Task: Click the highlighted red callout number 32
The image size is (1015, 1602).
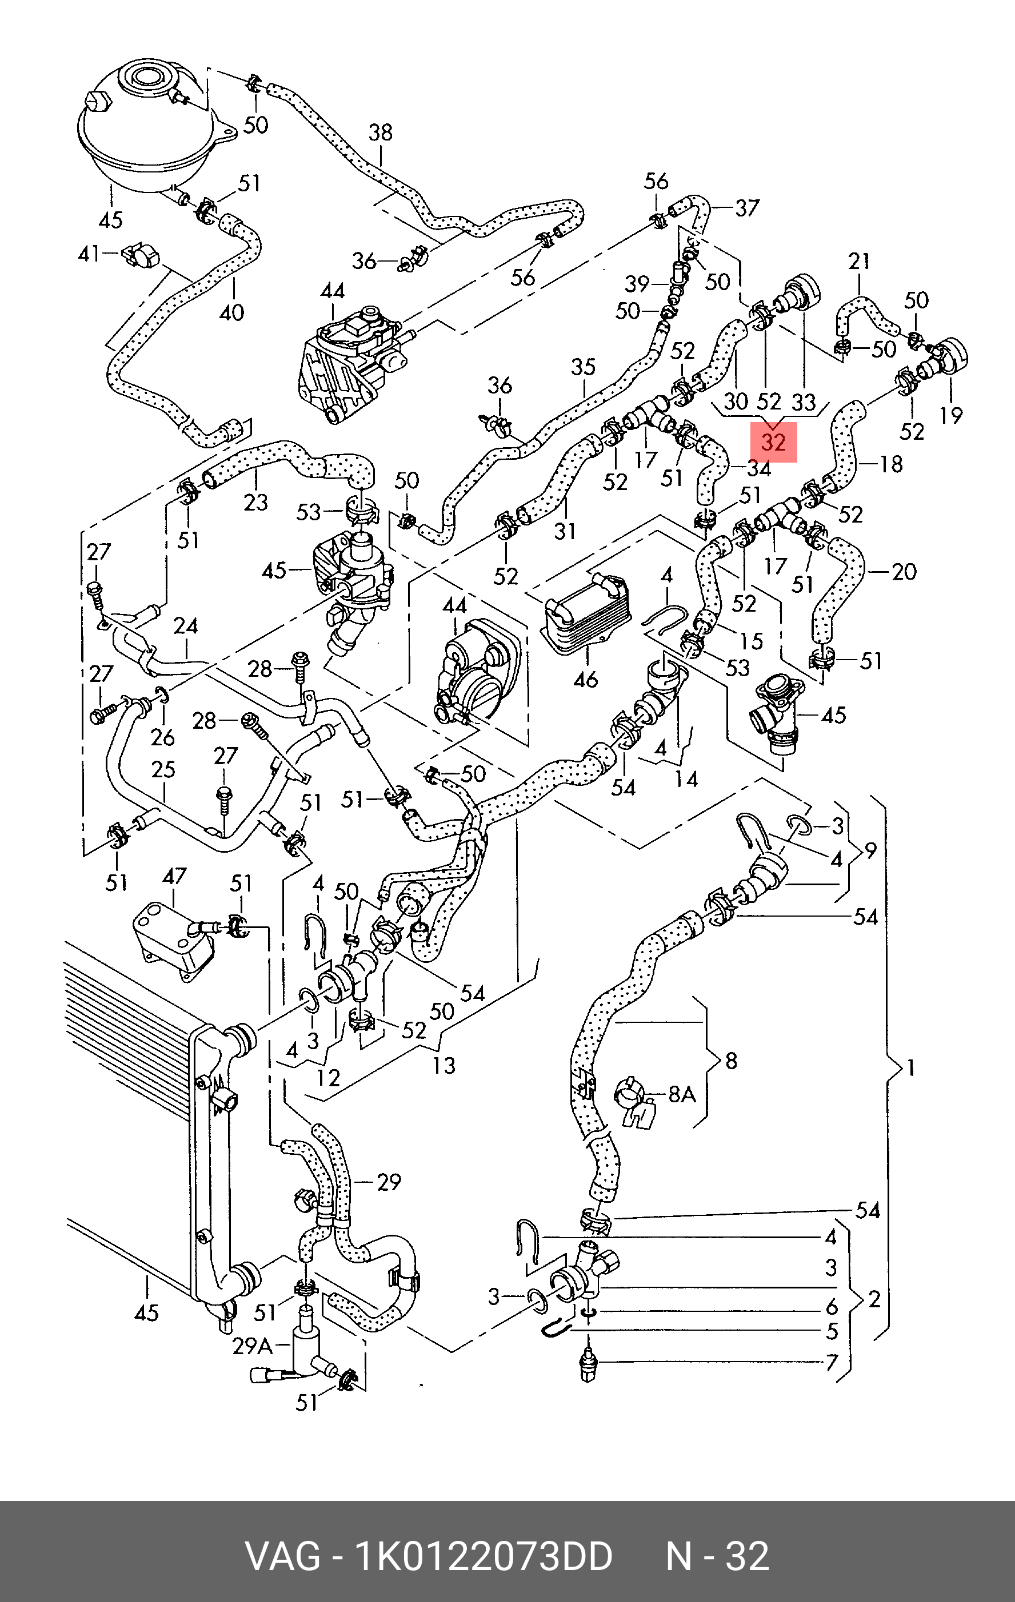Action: point(773,441)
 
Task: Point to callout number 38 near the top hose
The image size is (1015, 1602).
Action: point(381,133)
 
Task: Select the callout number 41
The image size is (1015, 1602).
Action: point(89,254)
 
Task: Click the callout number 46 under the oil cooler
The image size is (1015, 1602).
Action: point(586,679)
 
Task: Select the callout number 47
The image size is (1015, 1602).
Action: point(174,876)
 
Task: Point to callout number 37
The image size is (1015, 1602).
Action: point(747,208)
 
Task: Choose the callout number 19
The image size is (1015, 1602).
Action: point(951,415)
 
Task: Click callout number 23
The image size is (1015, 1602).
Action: point(255,501)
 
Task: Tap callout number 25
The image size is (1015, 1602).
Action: point(163,769)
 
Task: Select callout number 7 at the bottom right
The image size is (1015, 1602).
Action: point(832,1363)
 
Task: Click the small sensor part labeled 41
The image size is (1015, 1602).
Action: point(137,255)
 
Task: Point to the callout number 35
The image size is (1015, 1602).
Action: point(583,367)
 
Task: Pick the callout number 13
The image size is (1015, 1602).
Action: point(444,1066)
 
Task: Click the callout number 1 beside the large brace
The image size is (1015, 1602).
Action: point(911,1069)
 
